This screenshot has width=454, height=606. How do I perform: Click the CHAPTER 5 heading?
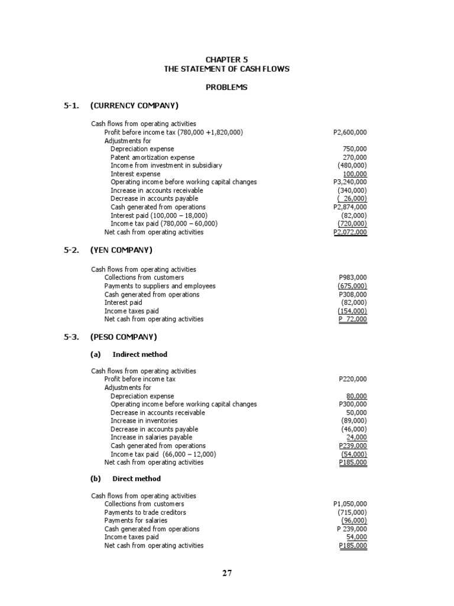coord(227,60)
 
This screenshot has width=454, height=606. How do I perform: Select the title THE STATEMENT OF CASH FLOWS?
coord(227,69)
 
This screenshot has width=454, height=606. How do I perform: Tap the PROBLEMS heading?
coord(227,88)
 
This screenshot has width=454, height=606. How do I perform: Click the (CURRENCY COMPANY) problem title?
coord(134,106)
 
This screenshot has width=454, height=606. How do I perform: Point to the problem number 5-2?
coord(72,250)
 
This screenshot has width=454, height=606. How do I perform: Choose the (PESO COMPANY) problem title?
coord(124,337)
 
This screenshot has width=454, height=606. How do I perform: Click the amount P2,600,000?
coord(350,133)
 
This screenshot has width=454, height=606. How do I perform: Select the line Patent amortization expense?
coord(153,157)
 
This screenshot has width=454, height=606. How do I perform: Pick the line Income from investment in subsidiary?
coord(166,166)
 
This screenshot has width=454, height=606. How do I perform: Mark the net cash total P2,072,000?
coord(350,233)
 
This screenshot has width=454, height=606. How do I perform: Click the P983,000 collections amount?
coord(352,278)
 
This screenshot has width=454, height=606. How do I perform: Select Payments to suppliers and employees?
coord(160,286)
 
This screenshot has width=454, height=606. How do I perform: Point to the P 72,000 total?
coord(352,320)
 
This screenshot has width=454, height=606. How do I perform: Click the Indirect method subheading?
coord(140,354)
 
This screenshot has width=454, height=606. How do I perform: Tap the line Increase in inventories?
coord(144,421)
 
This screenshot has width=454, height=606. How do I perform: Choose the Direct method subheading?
coord(137,479)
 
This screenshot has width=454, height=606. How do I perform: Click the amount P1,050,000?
coord(350,504)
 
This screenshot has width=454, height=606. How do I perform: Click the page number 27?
coord(227,573)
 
